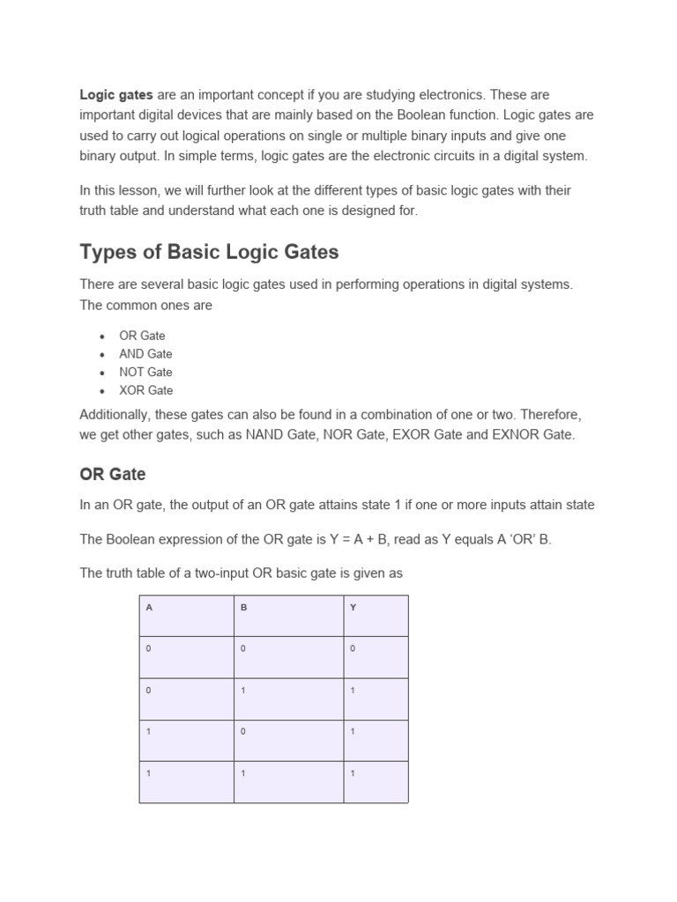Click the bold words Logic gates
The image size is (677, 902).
[116, 94]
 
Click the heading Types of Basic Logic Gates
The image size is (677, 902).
[209, 252]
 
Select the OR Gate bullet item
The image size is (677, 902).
[142, 336]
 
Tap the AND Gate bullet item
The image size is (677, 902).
[145, 354]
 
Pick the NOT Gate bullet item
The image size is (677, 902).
[145, 372]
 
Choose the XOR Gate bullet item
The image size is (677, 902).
[145, 390]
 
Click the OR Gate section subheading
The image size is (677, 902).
[113, 474]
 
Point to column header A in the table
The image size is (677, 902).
[149, 608]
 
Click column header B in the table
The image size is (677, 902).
[243, 608]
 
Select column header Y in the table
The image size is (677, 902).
[353, 608]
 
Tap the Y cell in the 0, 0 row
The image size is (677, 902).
[353, 648]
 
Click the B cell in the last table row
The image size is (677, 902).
[243, 773]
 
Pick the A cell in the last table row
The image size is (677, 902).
[149, 773]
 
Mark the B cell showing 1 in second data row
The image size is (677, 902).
[243, 691]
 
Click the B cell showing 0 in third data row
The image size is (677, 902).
[243, 732]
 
